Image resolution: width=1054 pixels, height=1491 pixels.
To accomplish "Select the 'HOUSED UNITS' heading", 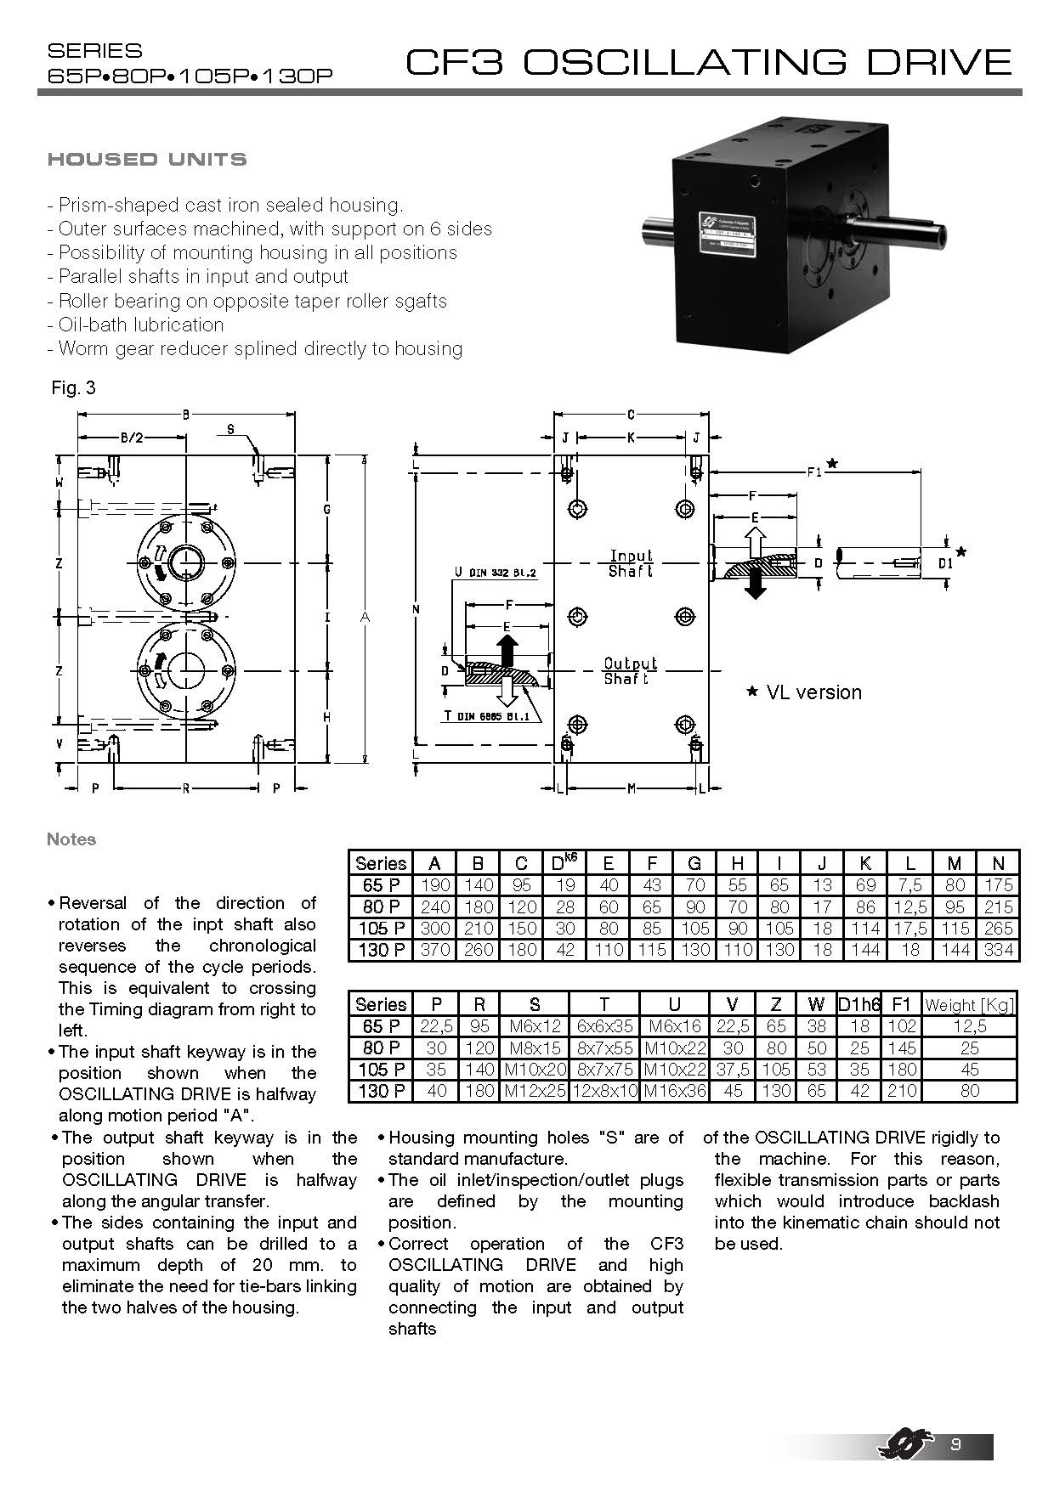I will point(147,159).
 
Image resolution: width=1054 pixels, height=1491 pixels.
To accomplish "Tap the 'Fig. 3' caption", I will point(73,388).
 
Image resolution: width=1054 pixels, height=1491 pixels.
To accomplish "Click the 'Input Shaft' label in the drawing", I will point(631,563).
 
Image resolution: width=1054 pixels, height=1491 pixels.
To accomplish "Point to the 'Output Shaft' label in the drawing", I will point(630,670).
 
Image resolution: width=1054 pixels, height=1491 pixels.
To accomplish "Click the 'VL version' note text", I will point(813,692).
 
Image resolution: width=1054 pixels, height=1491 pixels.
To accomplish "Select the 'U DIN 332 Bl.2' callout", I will point(496,573).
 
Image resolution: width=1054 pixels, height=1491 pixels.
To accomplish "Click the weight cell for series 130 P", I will point(970,1091).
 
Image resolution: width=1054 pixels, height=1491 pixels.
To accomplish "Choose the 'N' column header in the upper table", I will point(998,863).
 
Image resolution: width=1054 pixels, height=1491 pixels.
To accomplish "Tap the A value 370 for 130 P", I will point(434,950).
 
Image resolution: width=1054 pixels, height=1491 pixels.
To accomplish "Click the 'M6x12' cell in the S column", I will point(535,1027).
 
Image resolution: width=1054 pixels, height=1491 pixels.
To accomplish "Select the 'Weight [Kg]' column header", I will point(970,1005).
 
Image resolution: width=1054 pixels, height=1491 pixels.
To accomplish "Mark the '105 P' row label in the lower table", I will point(381,1070).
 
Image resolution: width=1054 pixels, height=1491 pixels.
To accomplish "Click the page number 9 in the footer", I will point(955,1445).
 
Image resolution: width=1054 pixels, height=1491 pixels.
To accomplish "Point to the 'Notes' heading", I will point(71,839).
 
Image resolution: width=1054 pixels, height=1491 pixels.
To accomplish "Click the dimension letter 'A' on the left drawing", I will point(365,617).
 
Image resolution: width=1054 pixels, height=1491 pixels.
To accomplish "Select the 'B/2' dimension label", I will point(132,438).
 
